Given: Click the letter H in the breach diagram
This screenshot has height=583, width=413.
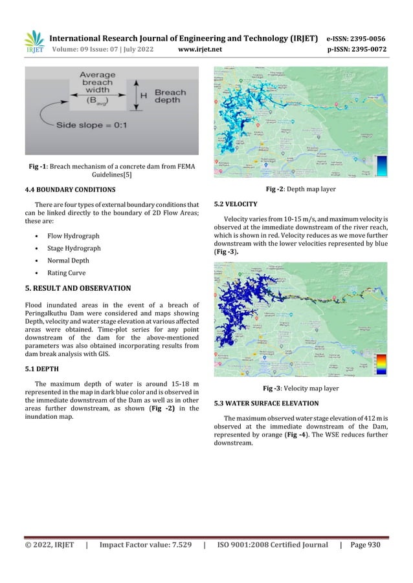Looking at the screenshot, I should pos(144,95).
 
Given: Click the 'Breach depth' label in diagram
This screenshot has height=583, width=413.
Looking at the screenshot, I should pos(170,97).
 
